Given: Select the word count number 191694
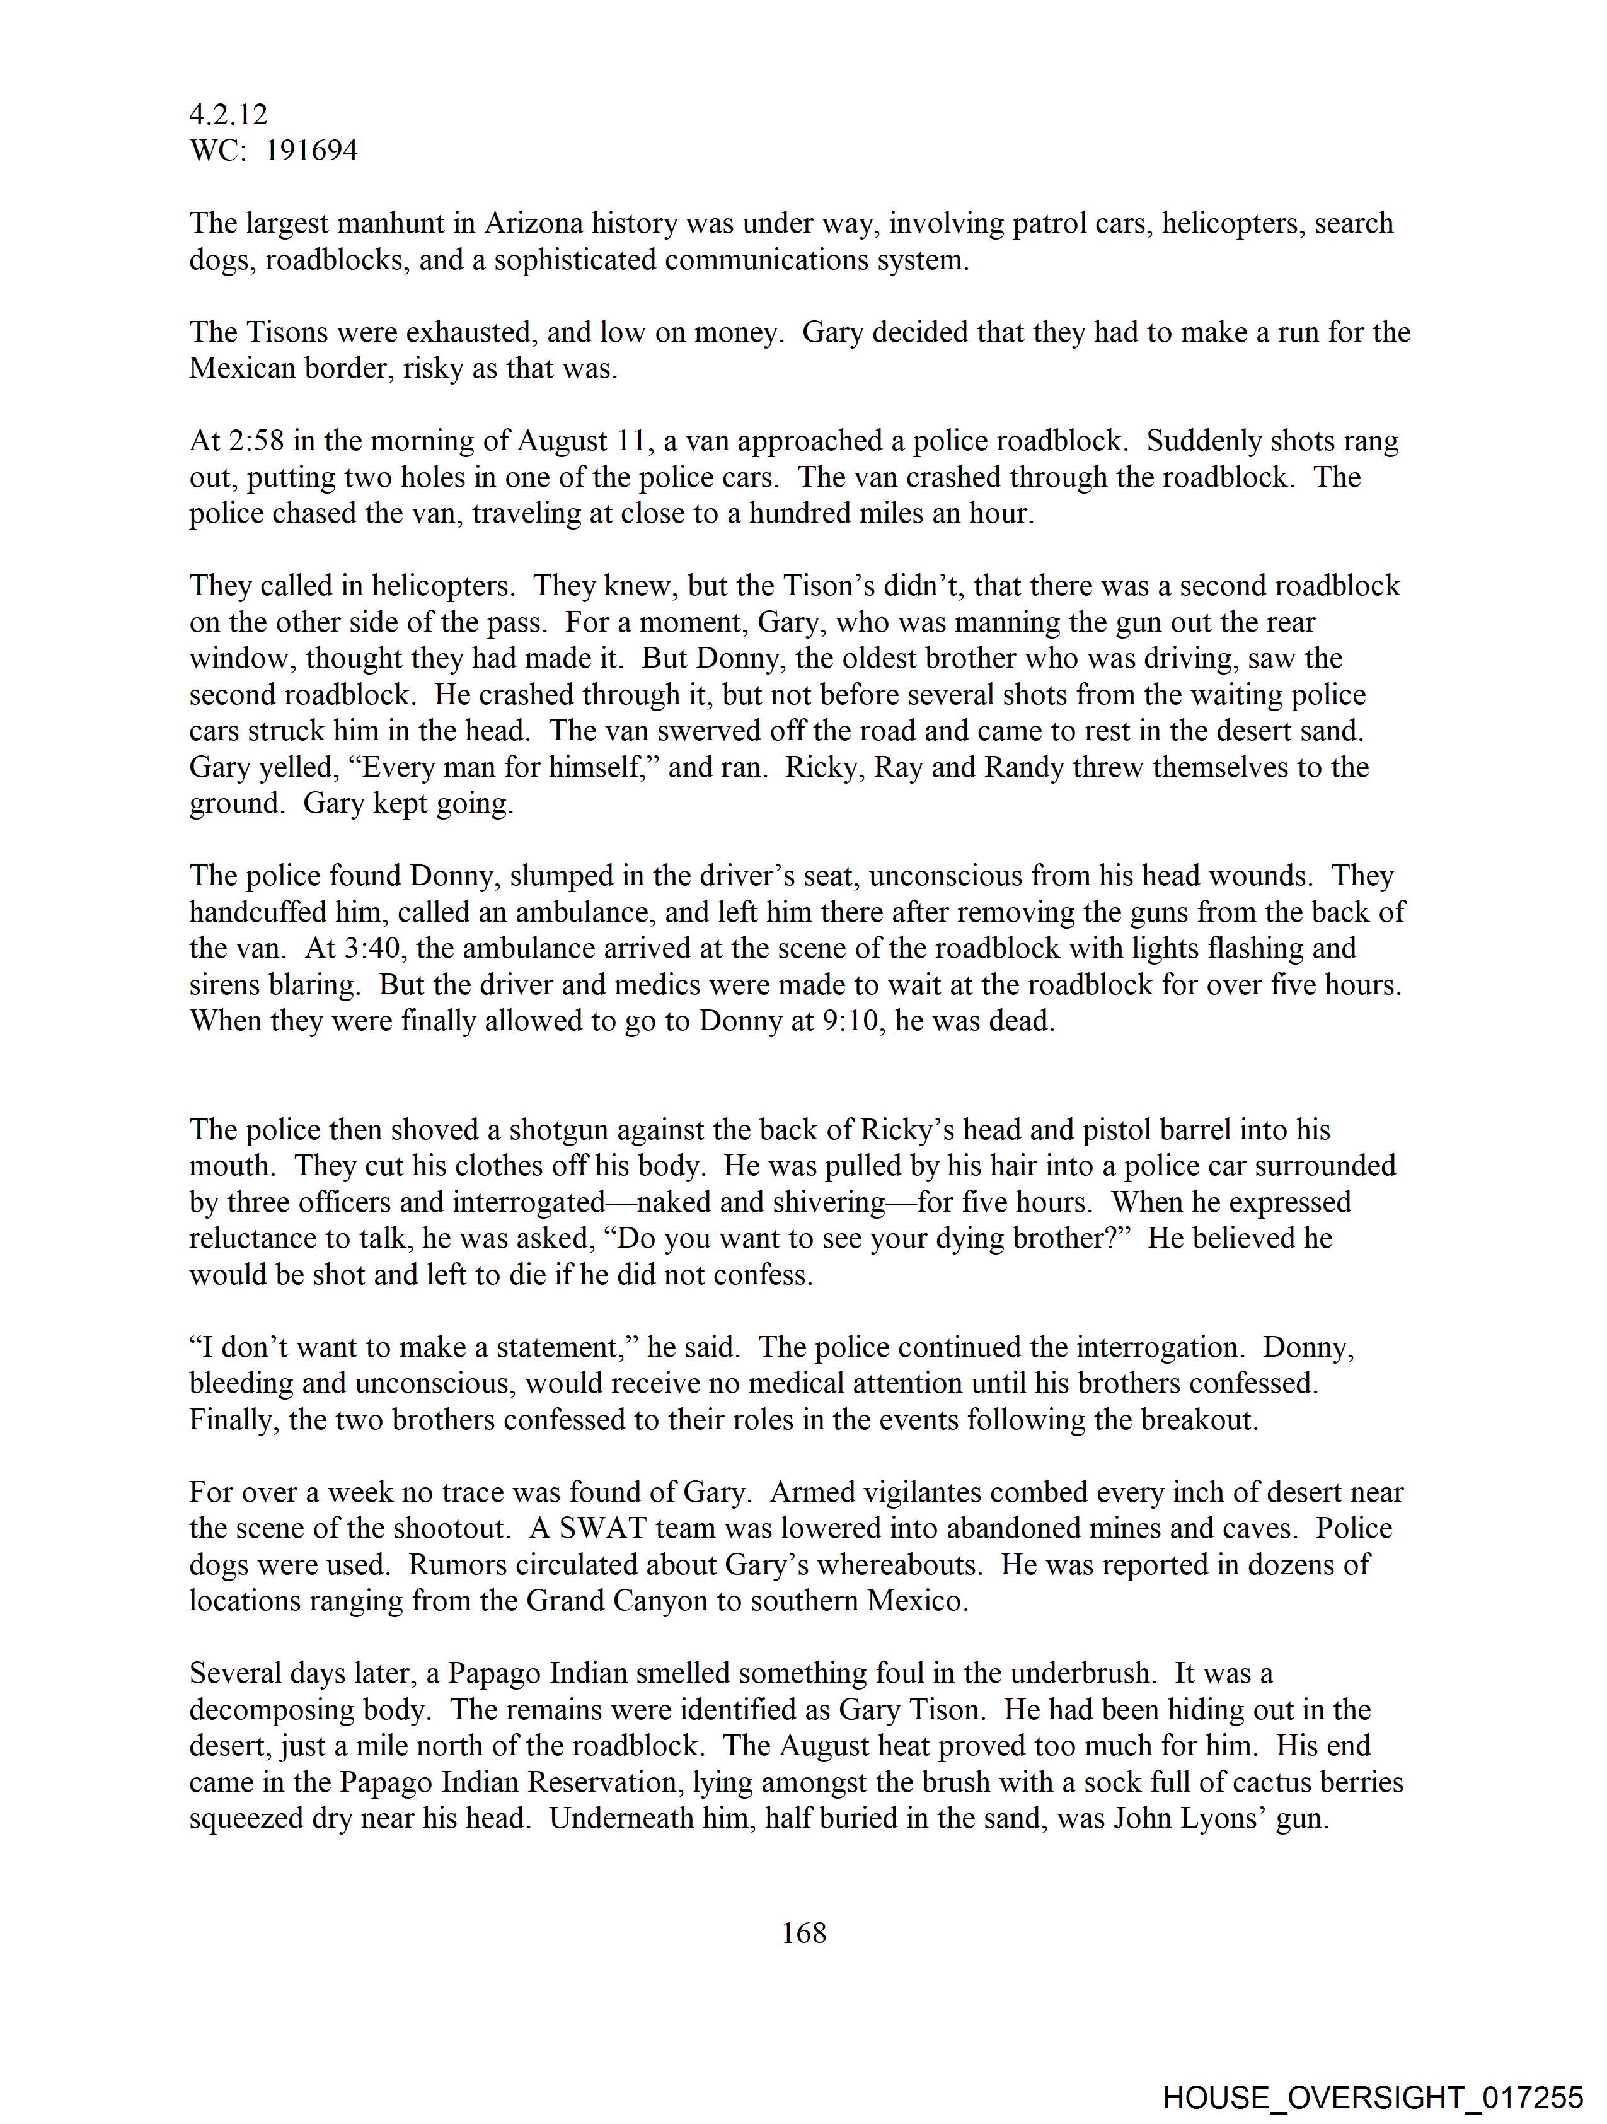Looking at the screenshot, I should [x=311, y=151].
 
